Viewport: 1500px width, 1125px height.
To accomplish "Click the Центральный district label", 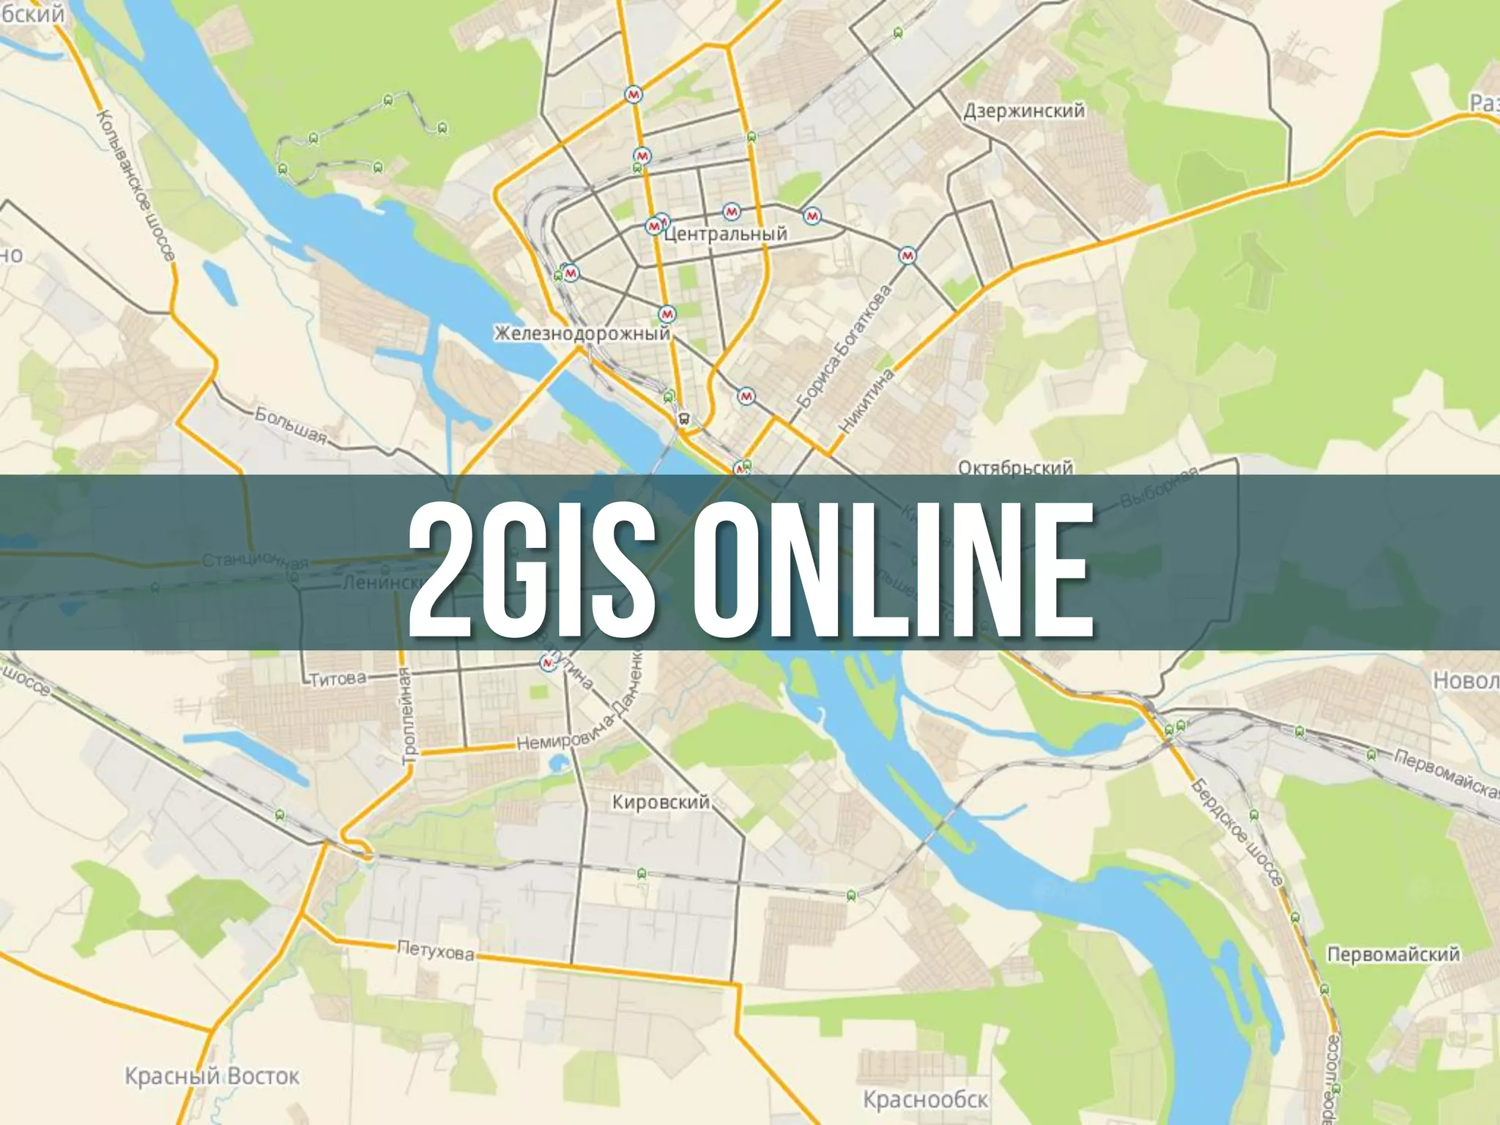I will coord(725,234).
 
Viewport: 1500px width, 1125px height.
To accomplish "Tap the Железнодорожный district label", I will coord(582,334).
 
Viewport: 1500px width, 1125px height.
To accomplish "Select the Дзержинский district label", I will coord(1023,111).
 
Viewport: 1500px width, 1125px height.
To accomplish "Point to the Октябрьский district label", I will coord(1015,467).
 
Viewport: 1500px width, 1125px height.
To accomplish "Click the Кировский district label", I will coord(661,802).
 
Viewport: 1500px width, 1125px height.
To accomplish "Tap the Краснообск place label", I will coord(925,1099).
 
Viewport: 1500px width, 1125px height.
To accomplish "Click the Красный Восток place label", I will coord(212,1076).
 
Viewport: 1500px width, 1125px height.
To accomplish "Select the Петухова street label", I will coord(435,951).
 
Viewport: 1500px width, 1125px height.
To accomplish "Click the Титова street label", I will coord(338,679).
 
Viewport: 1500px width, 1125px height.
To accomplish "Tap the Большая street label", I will coord(290,425).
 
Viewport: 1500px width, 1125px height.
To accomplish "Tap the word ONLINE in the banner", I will coord(891,562).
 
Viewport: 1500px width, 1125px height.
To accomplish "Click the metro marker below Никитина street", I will coord(746,396).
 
